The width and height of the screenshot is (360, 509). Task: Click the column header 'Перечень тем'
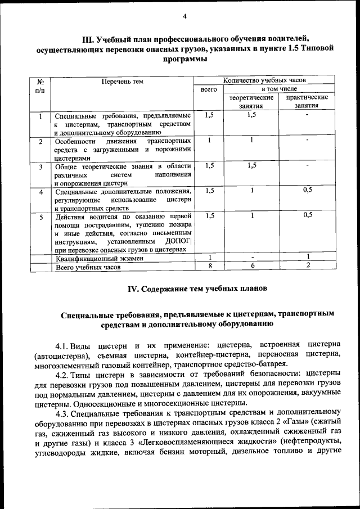122,82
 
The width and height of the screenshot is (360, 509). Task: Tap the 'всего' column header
209,89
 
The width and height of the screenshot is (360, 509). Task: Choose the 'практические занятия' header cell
307,101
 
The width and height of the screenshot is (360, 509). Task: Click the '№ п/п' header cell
41,85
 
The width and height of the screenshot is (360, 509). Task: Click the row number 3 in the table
41,167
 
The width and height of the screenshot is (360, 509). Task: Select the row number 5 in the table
41,216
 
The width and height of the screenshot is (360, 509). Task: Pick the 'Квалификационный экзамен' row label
99,259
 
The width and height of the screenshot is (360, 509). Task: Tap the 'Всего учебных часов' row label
88,268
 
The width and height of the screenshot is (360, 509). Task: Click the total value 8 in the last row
209,267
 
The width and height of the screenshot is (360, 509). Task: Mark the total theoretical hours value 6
253,267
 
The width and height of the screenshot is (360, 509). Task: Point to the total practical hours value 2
308,267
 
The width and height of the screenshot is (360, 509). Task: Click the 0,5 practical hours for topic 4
308,190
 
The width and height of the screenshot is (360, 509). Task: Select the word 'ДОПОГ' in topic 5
178,241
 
